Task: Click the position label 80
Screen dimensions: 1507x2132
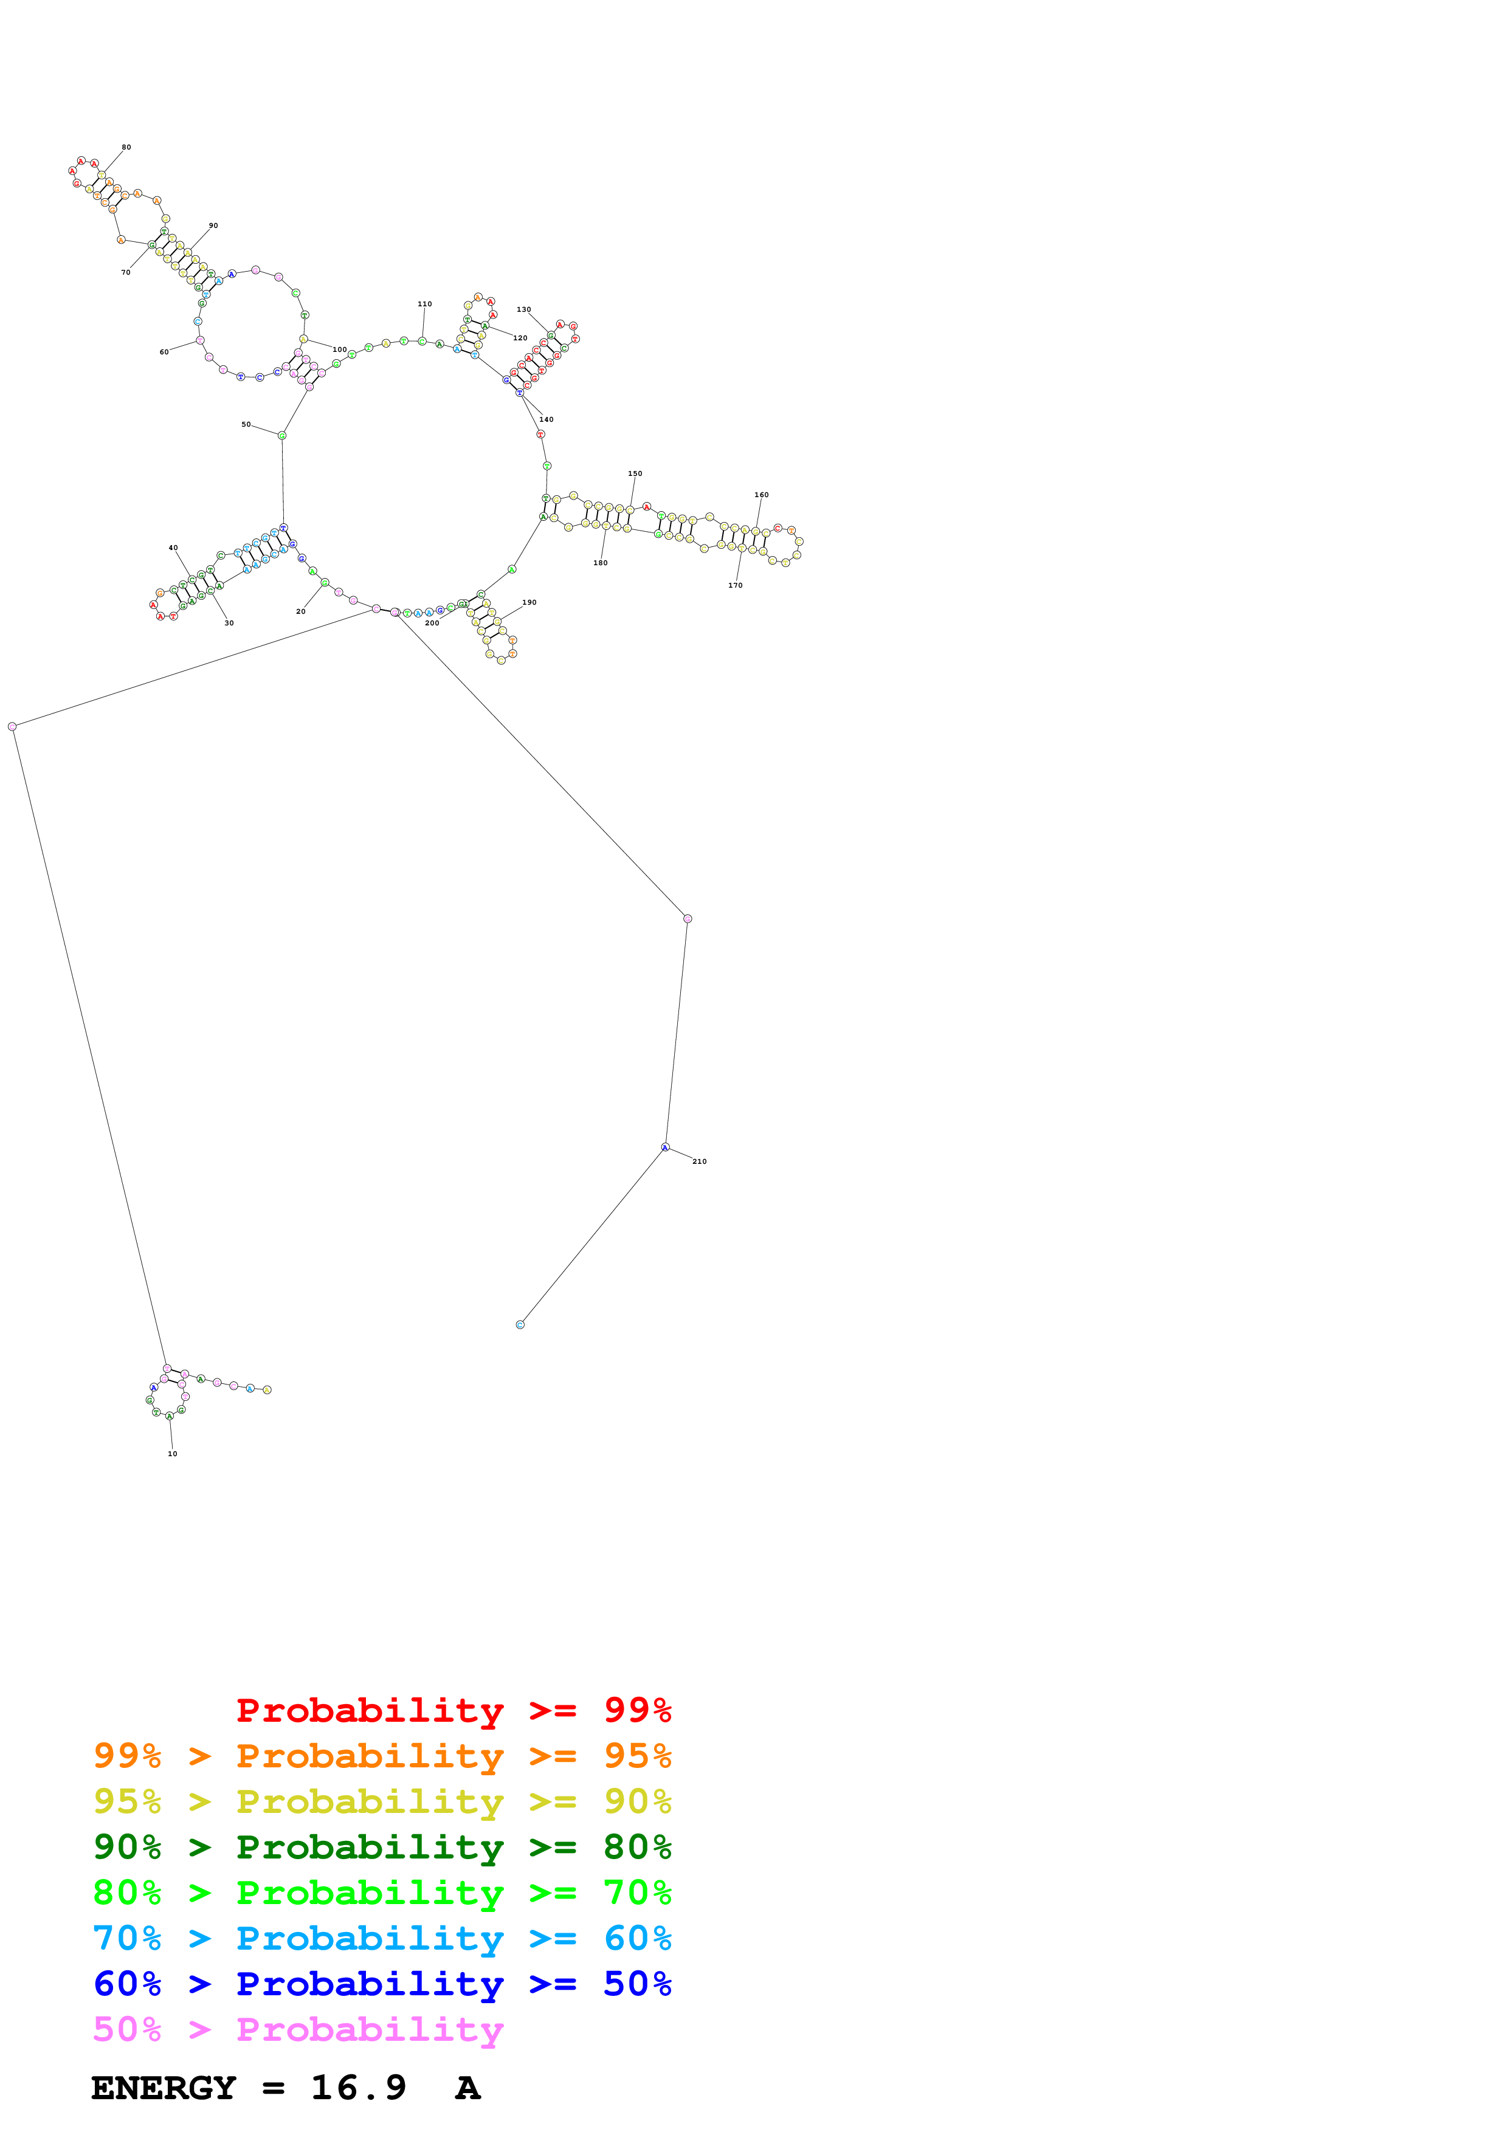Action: [x=126, y=146]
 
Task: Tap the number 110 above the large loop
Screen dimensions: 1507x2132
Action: [x=424, y=304]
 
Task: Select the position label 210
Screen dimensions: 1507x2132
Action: [x=699, y=1161]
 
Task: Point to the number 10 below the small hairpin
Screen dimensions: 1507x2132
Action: [x=172, y=1453]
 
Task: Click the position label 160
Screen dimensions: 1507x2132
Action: [x=761, y=495]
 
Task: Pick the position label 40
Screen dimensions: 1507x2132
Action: [x=173, y=548]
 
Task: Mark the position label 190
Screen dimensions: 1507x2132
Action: [x=529, y=603]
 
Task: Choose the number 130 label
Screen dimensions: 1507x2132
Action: [x=523, y=309]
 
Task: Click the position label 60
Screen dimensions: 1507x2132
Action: [x=164, y=352]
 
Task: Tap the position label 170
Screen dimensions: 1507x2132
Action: [x=736, y=585]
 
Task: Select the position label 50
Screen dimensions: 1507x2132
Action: [x=246, y=424]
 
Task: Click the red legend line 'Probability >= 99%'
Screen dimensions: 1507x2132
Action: [x=453, y=1710]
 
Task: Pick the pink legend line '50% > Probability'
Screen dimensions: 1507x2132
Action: [x=298, y=2030]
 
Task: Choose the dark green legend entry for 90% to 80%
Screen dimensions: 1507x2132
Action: [x=382, y=1847]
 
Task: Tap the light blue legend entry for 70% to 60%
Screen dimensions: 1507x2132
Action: [x=382, y=1938]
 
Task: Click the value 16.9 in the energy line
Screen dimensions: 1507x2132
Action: [x=359, y=2088]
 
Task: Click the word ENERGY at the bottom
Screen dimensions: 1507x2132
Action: [x=164, y=2088]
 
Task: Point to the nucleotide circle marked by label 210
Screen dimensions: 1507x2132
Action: [x=665, y=1147]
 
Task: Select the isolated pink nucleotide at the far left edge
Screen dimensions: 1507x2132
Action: [x=12, y=727]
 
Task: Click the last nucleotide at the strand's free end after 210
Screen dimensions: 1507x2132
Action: [x=520, y=1325]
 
